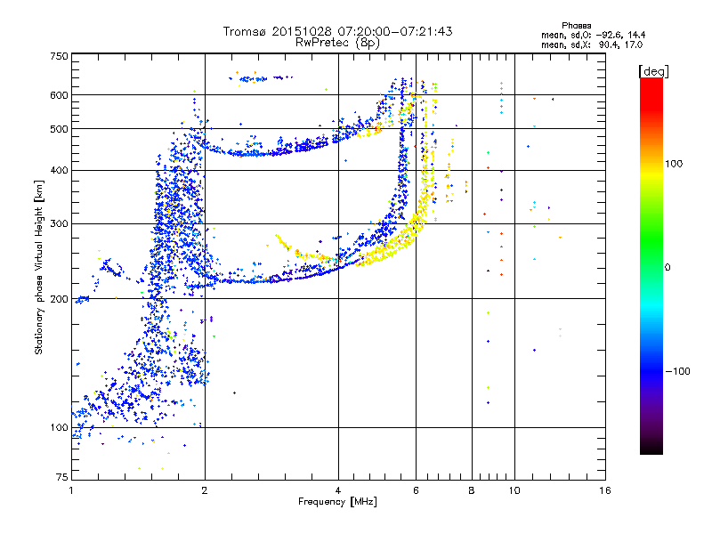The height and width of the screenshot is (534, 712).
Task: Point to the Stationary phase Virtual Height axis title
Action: (x=39, y=267)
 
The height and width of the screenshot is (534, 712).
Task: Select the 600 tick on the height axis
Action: (x=60, y=94)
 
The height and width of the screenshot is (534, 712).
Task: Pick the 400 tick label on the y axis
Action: (x=60, y=170)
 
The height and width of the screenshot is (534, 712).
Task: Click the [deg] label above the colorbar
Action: (x=654, y=70)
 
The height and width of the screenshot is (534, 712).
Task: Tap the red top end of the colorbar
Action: (x=651, y=82)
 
